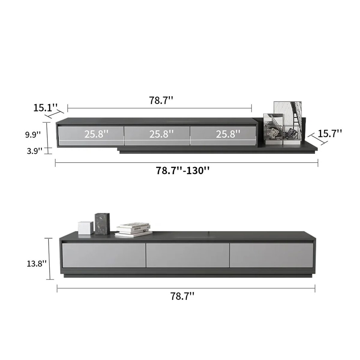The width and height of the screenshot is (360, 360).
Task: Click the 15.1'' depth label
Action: point(46,108)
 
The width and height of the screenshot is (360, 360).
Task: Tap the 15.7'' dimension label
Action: point(330,133)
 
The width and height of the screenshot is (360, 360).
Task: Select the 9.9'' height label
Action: point(33,134)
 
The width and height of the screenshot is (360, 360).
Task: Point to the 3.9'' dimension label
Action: point(34,151)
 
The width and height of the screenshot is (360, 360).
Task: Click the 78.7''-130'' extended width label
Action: point(183,170)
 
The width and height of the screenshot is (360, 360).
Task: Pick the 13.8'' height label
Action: point(37,264)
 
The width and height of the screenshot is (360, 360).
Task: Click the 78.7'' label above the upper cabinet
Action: point(161,100)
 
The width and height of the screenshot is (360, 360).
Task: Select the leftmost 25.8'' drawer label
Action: point(96,134)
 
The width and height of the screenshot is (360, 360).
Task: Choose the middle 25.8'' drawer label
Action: point(161,134)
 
